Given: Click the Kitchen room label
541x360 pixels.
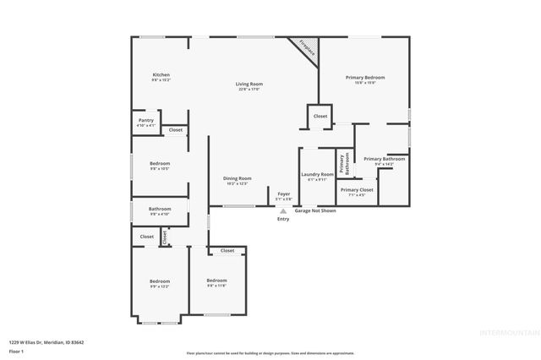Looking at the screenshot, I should (x=161, y=75).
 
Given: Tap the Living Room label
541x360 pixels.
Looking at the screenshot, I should (x=249, y=84).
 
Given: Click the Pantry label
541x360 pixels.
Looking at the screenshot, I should (x=146, y=120).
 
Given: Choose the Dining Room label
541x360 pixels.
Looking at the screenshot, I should (x=238, y=178).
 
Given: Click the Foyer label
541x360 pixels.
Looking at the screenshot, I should (x=284, y=194).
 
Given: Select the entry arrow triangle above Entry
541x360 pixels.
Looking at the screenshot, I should (x=283, y=211).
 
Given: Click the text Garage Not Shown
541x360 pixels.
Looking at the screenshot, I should (x=315, y=210).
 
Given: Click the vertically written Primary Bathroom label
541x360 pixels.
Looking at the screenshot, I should (x=344, y=163).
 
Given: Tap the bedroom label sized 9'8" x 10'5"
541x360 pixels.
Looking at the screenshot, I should (x=160, y=163).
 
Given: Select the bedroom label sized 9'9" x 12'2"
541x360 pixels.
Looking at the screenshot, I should (x=160, y=281).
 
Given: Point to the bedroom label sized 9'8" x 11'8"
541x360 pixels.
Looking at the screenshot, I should (x=216, y=281).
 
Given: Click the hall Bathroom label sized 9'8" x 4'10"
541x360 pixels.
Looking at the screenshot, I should (x=160, y=209).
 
